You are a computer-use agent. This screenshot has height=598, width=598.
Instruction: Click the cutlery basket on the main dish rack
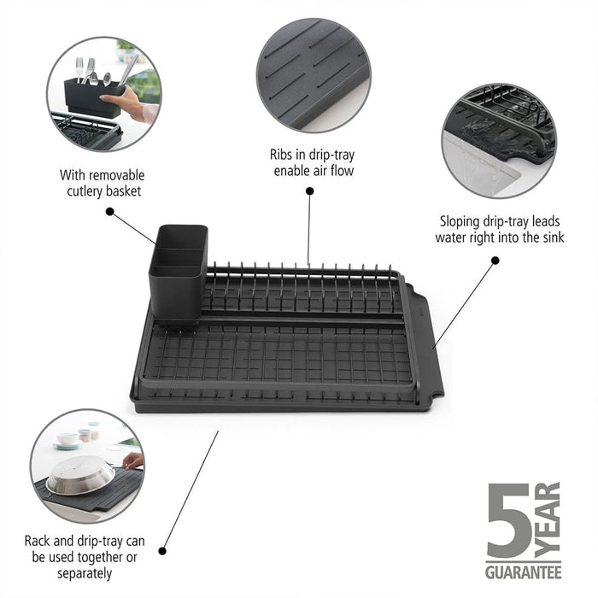pyautogui.click(x=178, y=272)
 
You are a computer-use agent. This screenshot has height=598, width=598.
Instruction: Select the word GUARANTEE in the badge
pyautogui.click(x=523, y=572)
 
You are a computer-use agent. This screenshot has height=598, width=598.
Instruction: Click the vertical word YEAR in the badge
pyautogui.click(x=548, y=520)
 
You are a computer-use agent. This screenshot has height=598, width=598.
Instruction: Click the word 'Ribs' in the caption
pyautogui.click(x=281, y=155)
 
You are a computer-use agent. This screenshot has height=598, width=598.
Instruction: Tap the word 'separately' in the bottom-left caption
pyautogui.click(x=85, y=573)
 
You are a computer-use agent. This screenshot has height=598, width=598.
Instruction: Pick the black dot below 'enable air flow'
pyautogui.click(x=310, y=191)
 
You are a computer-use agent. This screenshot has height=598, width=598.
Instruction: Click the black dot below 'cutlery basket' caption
pyautogui.click(x=110, y=211)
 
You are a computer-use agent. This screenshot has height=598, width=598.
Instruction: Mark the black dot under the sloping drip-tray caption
pyautogui.click(x=495, y=261)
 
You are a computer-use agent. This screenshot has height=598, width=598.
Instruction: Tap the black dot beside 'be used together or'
pyautogui.click(x=162, y=551)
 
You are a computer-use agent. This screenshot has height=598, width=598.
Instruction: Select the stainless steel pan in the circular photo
pyautogui.click(x=80, y=475)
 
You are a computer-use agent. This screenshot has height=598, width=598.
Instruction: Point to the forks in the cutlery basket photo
pyautogui.click(x=85, y=70)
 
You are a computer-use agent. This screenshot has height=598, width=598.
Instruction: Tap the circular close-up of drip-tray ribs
pyautogui.click(x=314, y=75)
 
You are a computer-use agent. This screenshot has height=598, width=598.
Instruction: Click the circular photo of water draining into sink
pyautogui.click(x=499, y=141)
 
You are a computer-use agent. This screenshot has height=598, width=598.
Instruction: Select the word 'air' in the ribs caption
pyautogui.click(x=321, y=171)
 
